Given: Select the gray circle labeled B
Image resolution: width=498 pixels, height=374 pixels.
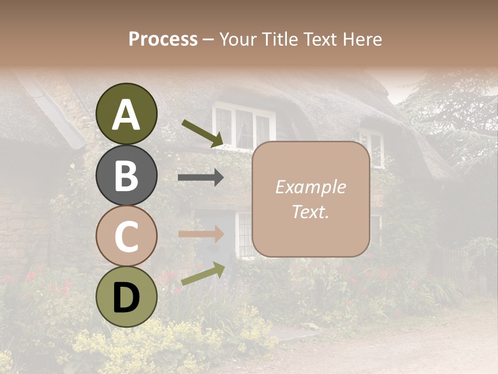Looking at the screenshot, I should pyautogui.click(x=127, y=175).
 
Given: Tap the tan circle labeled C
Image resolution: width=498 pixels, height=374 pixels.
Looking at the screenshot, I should pyautogui.click(x=127, y=236).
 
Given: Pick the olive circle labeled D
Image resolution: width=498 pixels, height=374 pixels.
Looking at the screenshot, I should pyautogui.click(x=127, y=297).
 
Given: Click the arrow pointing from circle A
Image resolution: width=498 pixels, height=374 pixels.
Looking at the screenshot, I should pyautogui.click(x=202, y=133).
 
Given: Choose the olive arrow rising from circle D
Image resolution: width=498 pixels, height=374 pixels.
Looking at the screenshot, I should pyautogui.click(x=202, y=274).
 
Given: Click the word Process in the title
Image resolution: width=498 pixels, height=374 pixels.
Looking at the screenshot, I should pyautogui.click(x=163, y=39).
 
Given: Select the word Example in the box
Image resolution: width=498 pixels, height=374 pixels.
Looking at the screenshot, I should pyautogui.click(x=310, y=188).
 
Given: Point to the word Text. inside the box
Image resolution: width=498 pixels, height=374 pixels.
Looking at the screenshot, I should pyautogui.click(x=310, y=212).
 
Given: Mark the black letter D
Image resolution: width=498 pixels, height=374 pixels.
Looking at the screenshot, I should pyautogui.click(x=127, y=298).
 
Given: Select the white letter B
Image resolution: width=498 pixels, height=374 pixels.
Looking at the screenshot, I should pyautogui.click(x=127, y=176).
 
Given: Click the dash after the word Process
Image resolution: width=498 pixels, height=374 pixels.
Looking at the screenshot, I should pyautogui.click(x=208, y=39).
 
